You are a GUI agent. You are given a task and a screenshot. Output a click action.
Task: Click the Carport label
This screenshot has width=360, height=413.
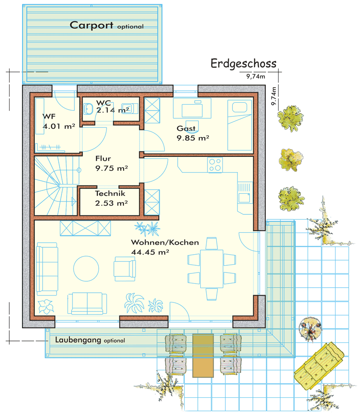tap(91, 25)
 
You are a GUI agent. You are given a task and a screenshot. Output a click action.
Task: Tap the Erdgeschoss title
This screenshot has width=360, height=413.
tap(243, 64)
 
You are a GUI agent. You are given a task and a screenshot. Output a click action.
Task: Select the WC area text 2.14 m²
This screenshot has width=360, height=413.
tap(112, 110)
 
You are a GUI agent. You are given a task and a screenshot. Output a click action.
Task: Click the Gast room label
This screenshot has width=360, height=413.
tap(186, 128)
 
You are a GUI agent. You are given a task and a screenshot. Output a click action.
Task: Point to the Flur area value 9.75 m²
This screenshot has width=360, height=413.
tap(112, 168)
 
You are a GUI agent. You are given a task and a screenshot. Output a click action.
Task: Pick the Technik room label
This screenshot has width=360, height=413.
tap(110, 193)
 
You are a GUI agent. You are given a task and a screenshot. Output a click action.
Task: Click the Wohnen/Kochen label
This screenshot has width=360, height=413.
tap(165, 242)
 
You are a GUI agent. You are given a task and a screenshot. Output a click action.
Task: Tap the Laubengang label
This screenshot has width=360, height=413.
tap(78, 340)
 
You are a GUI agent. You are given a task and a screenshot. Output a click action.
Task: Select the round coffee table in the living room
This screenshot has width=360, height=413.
tap(86, 269)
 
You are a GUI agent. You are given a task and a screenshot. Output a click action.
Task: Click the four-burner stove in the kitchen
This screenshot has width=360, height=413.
tap(215, 165)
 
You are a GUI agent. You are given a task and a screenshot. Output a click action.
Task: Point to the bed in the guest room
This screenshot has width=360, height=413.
tap(240, 125)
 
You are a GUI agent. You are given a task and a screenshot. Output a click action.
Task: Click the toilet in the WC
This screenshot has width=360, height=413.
tap(88, 109)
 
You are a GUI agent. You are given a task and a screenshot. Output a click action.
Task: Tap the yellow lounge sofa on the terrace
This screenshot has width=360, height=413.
tap(319, 365)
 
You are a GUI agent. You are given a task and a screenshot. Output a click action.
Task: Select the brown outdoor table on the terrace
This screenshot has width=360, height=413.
tap(203, 356)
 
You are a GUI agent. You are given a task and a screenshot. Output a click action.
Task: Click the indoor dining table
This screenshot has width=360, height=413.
tap(212, 268)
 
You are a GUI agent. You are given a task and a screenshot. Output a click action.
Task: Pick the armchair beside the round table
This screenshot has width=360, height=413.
tap(124, 269)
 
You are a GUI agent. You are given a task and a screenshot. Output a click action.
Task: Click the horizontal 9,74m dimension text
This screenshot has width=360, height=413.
tap(256, 77)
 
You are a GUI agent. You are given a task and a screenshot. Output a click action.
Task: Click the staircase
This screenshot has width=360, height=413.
tap(56, 186)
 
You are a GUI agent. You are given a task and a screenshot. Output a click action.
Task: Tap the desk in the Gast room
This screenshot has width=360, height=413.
tap(192, 108)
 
